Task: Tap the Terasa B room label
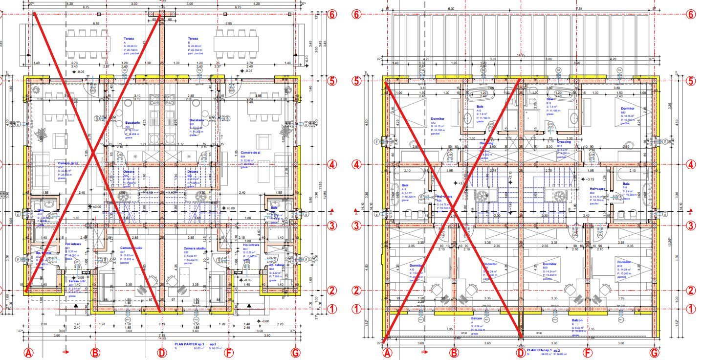coord(194,39)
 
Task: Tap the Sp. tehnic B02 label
coord(278,266)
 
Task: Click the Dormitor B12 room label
coord(628,109)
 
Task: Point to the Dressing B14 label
coord(563,142)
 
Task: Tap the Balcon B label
coord(577,320)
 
